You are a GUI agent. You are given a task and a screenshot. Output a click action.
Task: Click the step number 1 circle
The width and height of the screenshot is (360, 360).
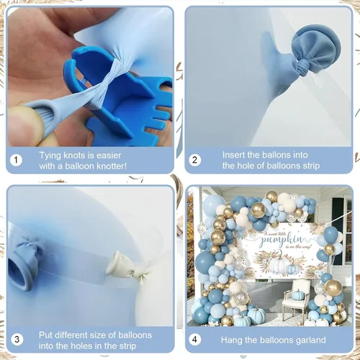pyautogui.click(x=16, y=160)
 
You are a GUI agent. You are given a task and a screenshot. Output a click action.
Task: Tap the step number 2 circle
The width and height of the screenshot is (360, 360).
pyautogui.click(x=195, y=160)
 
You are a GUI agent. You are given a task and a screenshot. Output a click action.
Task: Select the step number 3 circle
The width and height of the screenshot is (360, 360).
pyautogui.click(x=17, y=340)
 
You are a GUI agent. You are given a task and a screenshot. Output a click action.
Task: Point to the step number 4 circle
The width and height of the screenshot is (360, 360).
pyautogui.click(x=194, y=340)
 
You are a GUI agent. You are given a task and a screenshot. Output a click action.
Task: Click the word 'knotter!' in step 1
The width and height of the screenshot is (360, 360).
pyautogui.click(x=111, y=166)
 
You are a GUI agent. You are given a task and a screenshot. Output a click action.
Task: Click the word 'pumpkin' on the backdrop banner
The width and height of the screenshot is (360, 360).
pyautogui.click(x=282, y=239)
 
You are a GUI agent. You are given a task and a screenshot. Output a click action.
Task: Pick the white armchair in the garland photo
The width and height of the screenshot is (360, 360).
pyautogui.click(x=295, y=297)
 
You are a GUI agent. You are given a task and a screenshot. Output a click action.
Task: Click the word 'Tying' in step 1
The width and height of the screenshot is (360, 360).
pyautogui.click(x=50, y=156)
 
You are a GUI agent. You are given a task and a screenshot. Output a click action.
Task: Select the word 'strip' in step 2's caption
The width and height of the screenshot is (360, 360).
pyautogui.click(x=311, y=166)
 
